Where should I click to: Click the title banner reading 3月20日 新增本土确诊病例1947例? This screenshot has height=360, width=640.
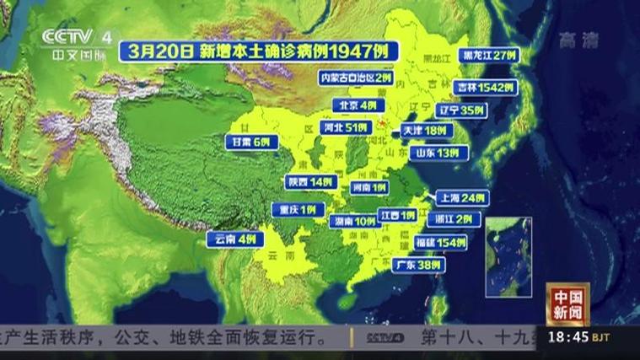[x=258, y=50]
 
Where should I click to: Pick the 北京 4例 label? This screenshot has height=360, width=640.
[x=357, y=105]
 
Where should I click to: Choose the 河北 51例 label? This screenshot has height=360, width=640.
[x=346, y=128]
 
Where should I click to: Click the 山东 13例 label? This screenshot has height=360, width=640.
[x=437, y=153]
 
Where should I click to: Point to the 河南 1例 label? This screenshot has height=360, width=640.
[x=368, y=187]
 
